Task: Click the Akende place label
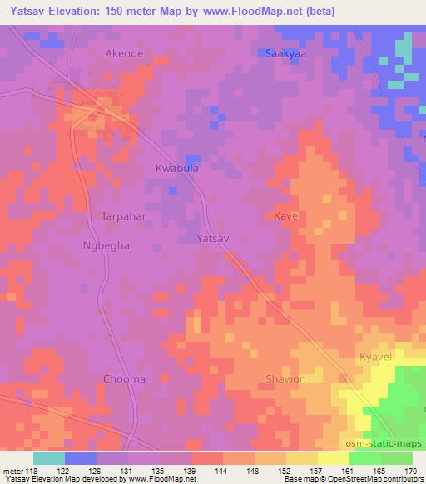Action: (x=125, y=53)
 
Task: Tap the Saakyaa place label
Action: (x=284, y=53)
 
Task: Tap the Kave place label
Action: (x=285, y=215)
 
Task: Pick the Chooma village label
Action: (x=124, y=379)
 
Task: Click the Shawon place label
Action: (x=285, y=379)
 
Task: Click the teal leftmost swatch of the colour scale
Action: (x=48, y=458)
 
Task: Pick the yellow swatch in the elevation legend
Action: (x=333, y=458)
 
